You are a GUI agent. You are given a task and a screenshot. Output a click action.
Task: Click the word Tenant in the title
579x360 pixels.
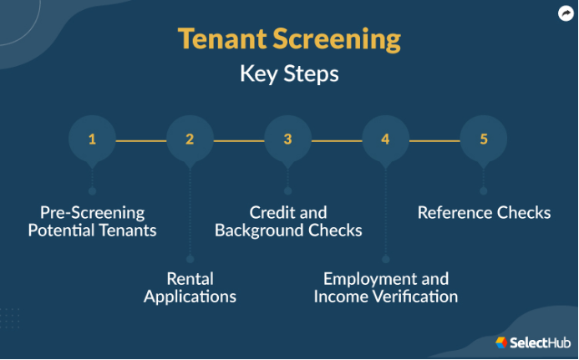[222, 38]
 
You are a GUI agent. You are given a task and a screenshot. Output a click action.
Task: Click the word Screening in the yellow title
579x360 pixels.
[337, 40]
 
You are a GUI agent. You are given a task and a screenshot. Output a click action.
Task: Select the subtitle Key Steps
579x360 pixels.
[289, 74]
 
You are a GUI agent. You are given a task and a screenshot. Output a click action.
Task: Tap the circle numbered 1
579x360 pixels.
[92, 139]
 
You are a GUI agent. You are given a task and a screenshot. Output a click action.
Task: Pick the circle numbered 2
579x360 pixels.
[190, 139]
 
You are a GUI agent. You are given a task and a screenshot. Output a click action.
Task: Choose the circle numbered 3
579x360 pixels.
[287, 139]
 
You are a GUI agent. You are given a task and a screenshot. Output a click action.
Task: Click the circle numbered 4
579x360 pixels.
[385, 139]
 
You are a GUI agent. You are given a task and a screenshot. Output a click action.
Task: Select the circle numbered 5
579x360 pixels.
[484, 139]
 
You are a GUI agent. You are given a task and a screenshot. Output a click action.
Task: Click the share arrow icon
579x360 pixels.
[566, 13]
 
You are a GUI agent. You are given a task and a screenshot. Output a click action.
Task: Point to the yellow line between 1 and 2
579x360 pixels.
[141, 140]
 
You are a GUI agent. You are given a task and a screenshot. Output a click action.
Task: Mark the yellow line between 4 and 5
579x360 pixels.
[434, 140]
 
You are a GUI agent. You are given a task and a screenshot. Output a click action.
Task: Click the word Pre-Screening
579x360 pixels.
[92, 213]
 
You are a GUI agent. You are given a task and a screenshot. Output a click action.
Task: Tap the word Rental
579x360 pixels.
[190, 279]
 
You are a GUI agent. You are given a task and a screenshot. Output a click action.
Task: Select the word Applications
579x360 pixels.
[190, 297]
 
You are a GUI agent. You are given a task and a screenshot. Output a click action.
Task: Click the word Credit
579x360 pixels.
[272, 213]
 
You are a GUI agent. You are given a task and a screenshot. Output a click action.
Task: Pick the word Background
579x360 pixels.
[259, 231]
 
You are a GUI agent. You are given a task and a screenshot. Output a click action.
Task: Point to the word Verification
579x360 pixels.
[414, 297]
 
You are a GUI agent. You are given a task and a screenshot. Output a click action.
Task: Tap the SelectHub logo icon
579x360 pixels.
[501, 342]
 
